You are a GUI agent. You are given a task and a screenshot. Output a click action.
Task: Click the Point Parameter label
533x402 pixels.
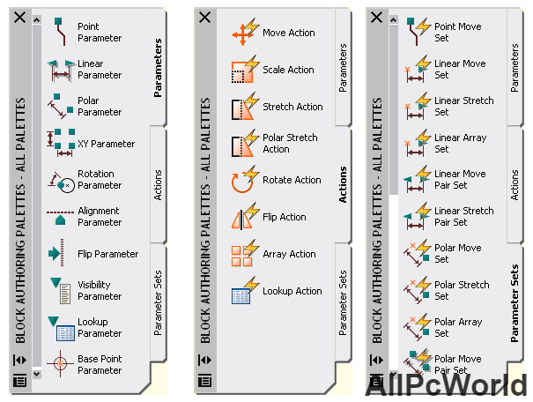(100, 33)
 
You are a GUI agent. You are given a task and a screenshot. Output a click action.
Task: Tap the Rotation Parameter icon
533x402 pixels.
(61, 180)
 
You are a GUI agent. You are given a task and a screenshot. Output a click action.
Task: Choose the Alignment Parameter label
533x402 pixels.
(100, 217)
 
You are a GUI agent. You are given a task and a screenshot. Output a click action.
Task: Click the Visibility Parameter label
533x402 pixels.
(100, 291)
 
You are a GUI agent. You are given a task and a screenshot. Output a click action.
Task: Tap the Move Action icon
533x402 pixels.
(245, 33)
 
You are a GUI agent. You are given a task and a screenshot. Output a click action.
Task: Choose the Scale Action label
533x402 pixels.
(288, 70)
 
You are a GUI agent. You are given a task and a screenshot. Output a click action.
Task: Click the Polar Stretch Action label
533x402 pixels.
(290, 144)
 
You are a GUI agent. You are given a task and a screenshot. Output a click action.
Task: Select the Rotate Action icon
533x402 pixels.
(245, 181)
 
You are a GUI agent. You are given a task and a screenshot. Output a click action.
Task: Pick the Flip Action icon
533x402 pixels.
(245, 218)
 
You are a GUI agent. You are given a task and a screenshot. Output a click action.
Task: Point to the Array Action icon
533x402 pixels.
(245, 254)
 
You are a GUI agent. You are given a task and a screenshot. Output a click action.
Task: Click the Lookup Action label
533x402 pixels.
(292, 291)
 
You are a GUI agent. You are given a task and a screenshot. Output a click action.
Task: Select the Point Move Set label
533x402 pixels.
(458, 33)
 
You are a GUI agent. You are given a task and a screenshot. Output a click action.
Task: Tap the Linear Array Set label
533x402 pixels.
(460, 144)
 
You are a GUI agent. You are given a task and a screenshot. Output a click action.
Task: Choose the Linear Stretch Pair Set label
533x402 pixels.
(464, 217)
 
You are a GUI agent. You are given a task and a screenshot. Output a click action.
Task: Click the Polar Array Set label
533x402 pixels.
(459, 328)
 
